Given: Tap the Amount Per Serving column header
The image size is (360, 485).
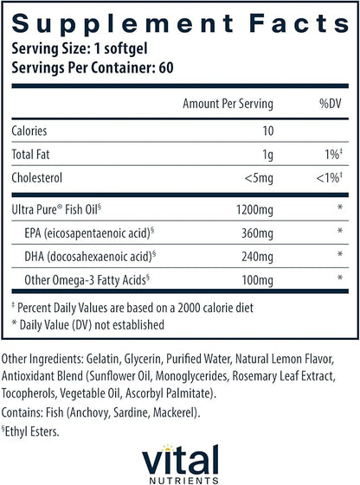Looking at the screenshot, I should click(x=228, y=104).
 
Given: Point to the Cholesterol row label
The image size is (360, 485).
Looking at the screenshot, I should click(x=38, y=181).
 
